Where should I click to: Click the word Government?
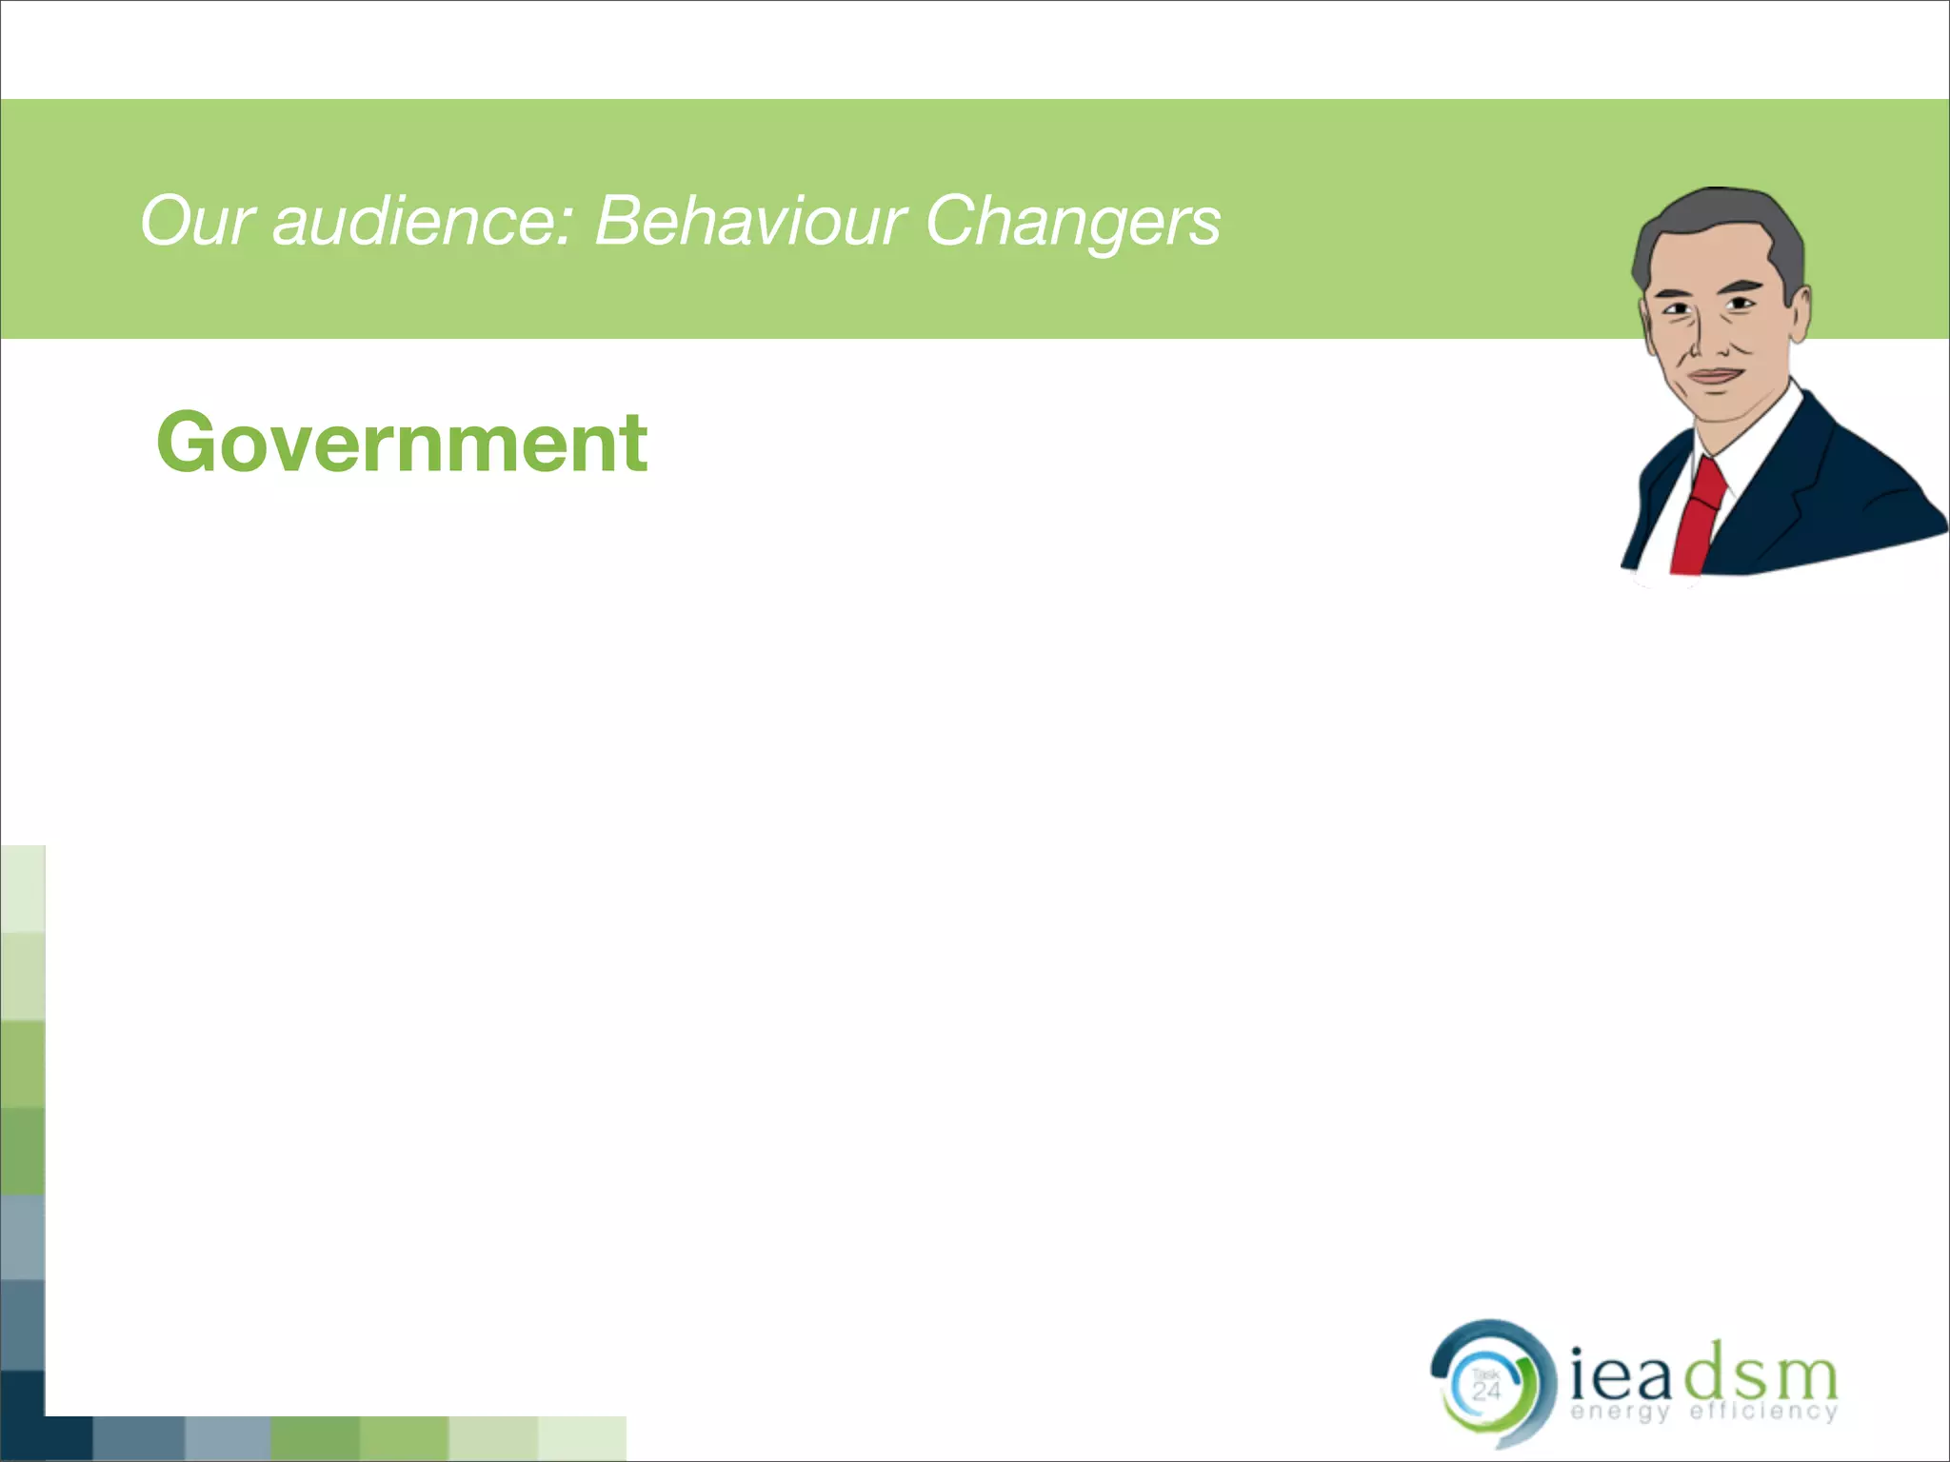pos(402,444)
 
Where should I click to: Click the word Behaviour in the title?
pos(749,222)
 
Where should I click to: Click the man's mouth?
pos(1714,375)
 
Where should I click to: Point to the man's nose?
pos(1709,338)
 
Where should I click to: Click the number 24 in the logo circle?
pos(1486,1391)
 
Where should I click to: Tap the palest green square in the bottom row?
pos(582,1437)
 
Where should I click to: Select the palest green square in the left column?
pos(22,888)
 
